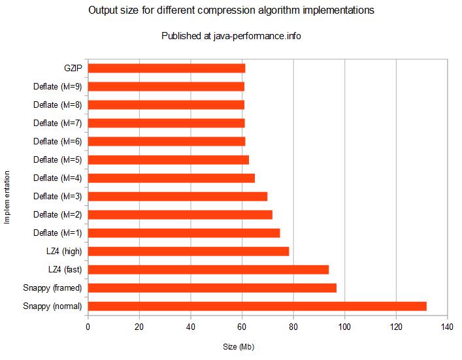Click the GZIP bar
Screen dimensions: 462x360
[x=167, y=69]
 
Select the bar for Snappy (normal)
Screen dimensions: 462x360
[x=257, y=306]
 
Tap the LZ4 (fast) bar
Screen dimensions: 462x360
[x=208, y=270]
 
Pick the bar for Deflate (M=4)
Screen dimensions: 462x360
[x=171, y=178]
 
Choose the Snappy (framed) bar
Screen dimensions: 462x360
[x=212, y=288]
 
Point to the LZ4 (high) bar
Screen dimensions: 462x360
[x=189, y=252]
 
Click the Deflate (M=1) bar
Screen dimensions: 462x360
[x=184, y=233]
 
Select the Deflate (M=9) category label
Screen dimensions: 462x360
[x=58, y=87]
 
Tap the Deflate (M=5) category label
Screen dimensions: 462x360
[x=58, y=159]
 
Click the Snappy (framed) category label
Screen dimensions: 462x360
[x=52, y=288]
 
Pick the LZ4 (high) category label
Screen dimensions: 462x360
[x=64, y=252]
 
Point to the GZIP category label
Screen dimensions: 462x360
[x=73, y=69]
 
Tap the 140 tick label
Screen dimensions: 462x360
[x=447, y=327]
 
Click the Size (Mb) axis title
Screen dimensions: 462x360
[x=239, y=347]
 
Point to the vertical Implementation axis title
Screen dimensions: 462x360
[x=7, y=197]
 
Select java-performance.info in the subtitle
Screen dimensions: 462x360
[x=257, y=36]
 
